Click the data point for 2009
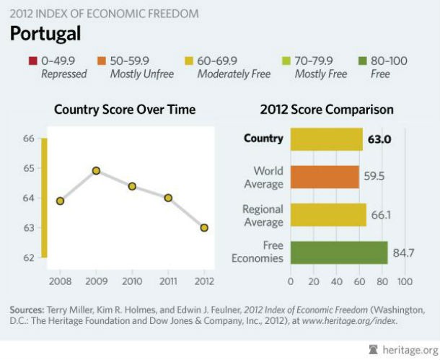click(x=96, y=171)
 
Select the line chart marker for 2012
click(x=204, y=227)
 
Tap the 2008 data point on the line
click(x=60, y=201)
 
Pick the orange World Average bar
click(x=325, y=177)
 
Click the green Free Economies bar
click(x=339, y=253)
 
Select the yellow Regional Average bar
click(x=328, y=215)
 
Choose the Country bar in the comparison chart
click(x=327, y=139)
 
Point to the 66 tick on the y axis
click(x=29, y=138)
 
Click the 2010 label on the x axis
click(x=132, y=280)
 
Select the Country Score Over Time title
click(x=125, y=110)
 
